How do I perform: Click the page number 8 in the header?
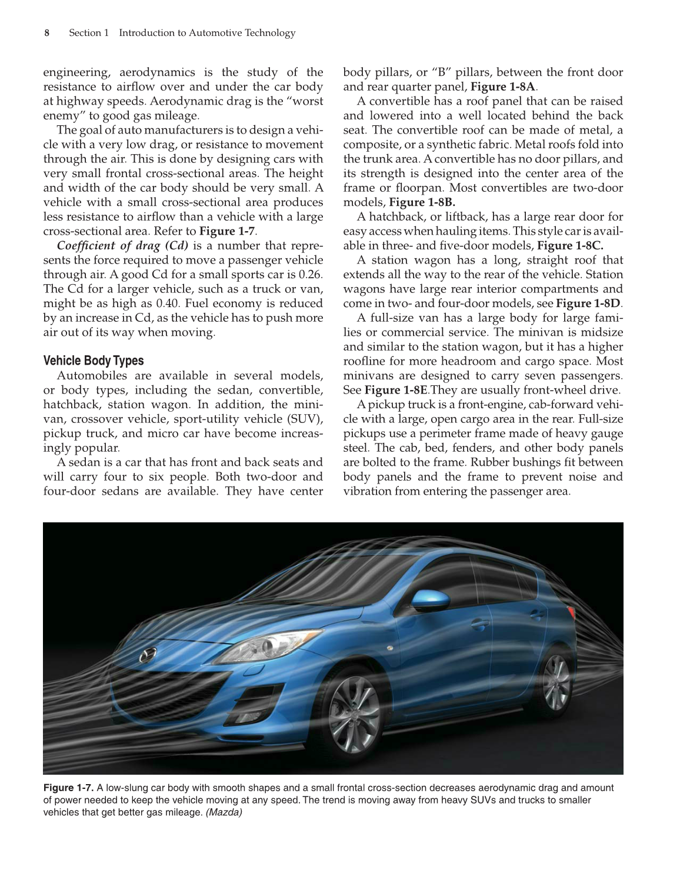(x=47, y=33)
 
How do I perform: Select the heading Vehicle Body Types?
(x=94, y=361)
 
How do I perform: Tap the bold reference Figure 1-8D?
(x=588, y=304)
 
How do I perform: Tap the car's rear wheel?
(x=555, y=681)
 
